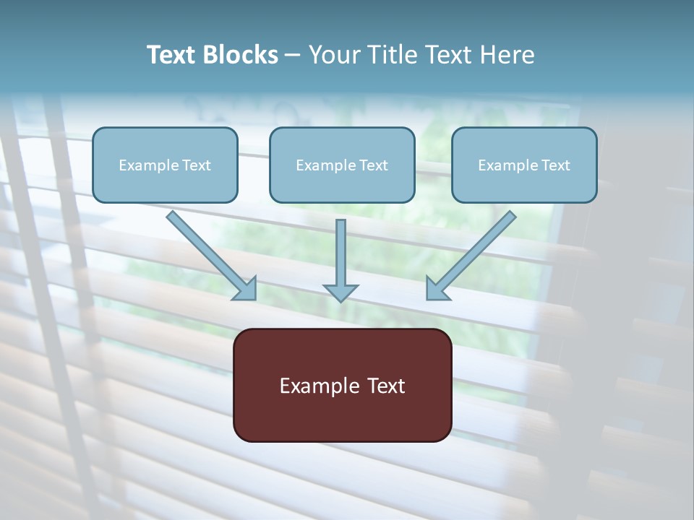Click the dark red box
(x=342, y=415)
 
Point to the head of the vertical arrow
(x=340, y=292)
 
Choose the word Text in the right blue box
(x=556, y=165)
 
